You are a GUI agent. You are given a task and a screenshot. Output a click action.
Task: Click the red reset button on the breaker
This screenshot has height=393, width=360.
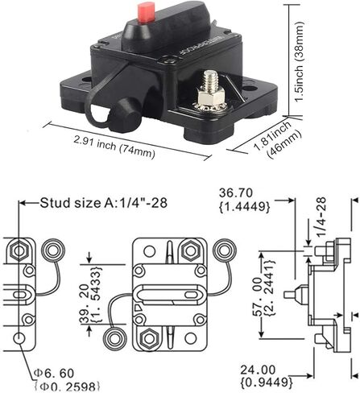pyautogui.click(x=145, y=13)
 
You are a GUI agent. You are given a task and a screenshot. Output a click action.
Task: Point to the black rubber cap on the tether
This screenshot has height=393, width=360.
pyautogui.click(x=127, y=115)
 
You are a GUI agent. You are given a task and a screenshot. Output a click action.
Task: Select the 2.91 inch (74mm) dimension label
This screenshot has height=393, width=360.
pyautogui.click(x=114, y=147)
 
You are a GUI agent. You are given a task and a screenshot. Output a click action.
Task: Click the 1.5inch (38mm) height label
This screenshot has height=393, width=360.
pyautogui.click(x=299, y=61)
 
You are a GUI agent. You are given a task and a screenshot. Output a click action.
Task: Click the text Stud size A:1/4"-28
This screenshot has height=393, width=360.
pyautogui.click(x=104, y=203)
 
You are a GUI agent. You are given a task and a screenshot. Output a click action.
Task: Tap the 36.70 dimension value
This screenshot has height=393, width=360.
pyautogui.click(x=236, y=193)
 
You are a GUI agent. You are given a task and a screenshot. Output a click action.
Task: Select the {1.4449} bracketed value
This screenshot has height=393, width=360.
pyautogui.click(x=245, y=207)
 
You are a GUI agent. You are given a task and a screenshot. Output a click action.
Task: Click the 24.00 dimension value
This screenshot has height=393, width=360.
pyautogui.click(x=258, y=370)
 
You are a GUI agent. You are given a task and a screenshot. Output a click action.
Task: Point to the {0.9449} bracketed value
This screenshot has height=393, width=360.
pyautogui.click(x=267, y=382)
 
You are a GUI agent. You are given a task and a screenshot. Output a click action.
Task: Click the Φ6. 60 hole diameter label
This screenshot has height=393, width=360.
pyautogui.click(x=54, y=374)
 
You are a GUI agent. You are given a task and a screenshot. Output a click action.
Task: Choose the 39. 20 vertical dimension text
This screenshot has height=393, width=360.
pyautogui.click(x=85, y=304)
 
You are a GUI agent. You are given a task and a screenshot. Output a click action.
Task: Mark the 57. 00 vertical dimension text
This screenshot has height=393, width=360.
pyautogui.click(x=257, y=297)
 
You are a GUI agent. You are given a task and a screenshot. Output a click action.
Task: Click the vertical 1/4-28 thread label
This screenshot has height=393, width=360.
pyautogui.click(x=321, y=217)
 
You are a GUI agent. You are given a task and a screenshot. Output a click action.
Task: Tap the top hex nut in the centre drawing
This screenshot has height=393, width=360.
pyautogui.click(x=190, y=251)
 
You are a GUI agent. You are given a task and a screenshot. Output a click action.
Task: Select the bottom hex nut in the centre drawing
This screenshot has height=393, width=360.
pyautogui.click(x=149, y=338)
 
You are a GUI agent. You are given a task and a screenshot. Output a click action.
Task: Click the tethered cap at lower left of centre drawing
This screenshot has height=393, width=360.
pyautogui.click(x=114, y=338)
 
